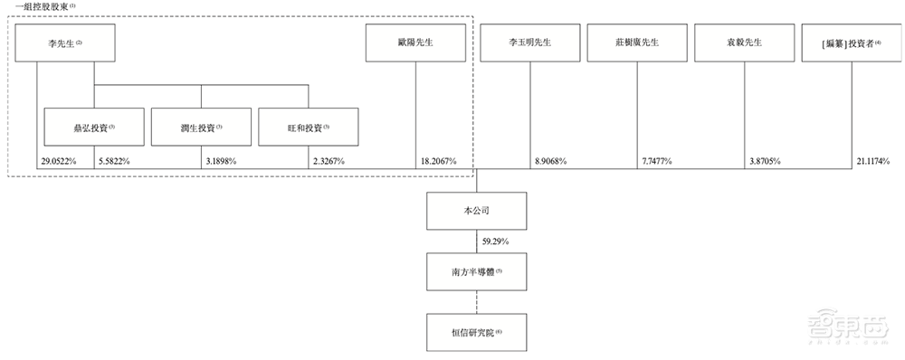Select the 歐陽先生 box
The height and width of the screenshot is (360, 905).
pyautogui.click(x=415, y=43)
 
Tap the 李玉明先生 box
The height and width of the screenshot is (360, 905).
pyautogui.click(x=530, y=43)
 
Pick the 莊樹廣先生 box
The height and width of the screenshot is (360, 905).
pyautogui.click(x=637, y=43)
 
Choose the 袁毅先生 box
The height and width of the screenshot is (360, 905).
pyautogui.click(x=744, y=43)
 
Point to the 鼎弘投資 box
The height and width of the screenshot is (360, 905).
pyautogui.click(x=94, y=128)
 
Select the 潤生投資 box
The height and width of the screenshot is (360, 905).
pyautogui.click(x=201, y=128)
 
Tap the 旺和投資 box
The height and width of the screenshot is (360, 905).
pyautogui.click(x=308, y=128)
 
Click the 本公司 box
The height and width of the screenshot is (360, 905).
pyautogui.click(x=477, y=210)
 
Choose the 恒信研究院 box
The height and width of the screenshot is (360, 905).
pyautogui.click(x=477, y=332)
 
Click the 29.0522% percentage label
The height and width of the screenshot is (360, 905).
pyautogui.click(x=57, y=161)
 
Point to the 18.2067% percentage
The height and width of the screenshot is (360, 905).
pyautogui.click(x=438, y=161)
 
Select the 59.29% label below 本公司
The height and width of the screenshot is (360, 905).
pyautogui.click(x=500, y=242)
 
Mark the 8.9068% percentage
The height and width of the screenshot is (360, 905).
pyautogui.click(x=550, y=161)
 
